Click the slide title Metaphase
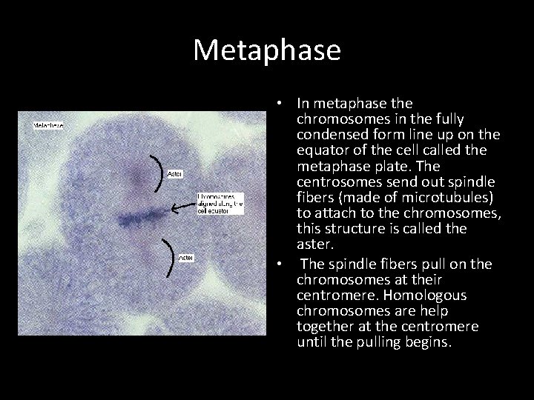267,50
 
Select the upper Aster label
176,174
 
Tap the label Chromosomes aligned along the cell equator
220,204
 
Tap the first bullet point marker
276,103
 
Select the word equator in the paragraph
323,150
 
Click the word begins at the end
429,342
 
